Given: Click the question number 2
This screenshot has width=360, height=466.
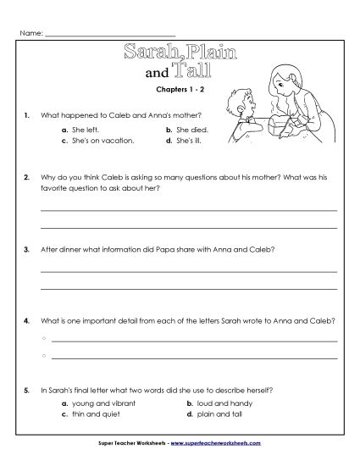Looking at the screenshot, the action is click(x=28, y=179).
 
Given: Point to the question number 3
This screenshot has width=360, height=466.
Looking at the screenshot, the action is click(x=28, y=250).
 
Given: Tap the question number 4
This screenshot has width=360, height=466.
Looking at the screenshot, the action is click(x=28, y=321).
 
